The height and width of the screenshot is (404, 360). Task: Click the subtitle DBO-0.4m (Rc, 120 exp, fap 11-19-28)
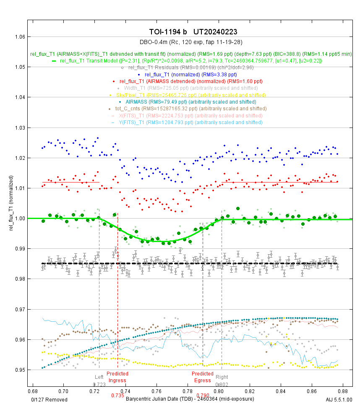point(190,42)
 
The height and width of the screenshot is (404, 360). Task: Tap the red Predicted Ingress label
point(117,377)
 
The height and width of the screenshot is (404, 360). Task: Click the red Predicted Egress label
point(203,377)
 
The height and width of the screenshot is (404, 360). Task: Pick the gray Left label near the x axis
point(99,377)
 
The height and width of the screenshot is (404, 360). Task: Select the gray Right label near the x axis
point(222,377)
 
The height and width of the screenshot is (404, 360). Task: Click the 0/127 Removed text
point(50,399)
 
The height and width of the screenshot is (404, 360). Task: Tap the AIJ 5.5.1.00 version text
point(339,399)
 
